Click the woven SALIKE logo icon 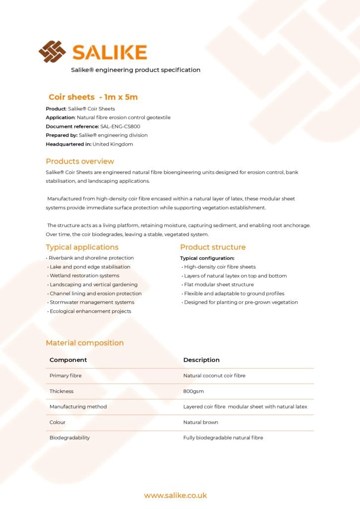(52, 52)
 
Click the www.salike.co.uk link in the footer (176, 496)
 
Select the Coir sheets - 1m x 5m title (93, 97)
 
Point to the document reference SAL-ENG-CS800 (120, 126)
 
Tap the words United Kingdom (113, 144)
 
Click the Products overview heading (80, 162)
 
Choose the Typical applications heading (82, 247)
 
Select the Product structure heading (213, 247)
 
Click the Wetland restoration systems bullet (84, 276)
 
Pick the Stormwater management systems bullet (91, 302)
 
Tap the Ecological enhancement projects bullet (90, 311)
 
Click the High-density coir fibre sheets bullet (220, 267)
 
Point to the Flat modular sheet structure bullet (219, 285)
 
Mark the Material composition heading (85, 343)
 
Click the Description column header (201, 360)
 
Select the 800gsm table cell (193, 391)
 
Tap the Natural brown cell (200, 422)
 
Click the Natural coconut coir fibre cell (214, 376)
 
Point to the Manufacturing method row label (78, 407)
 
